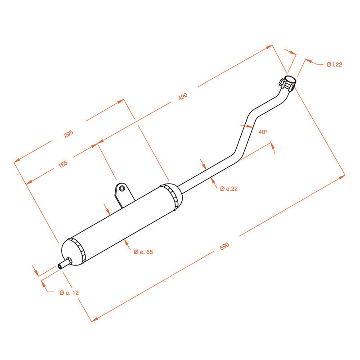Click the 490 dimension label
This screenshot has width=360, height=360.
[x=182, y=96]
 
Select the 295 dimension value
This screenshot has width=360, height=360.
[x=68, y=134]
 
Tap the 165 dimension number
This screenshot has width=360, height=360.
[x=63, y=164]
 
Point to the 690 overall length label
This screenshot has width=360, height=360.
[x=225, y=246]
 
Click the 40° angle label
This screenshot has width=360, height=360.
[x=263, y=132]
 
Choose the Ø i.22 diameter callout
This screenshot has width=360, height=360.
[x=334, y=65]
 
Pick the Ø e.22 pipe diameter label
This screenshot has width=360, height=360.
[x=229, y=189]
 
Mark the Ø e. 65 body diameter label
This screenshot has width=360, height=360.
[x=144, y=252]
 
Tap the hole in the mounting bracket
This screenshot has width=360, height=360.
[x=121, y=188]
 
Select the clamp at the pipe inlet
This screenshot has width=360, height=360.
[x=287, y=84]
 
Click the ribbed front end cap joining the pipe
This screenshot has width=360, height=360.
[x=173, y=197]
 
